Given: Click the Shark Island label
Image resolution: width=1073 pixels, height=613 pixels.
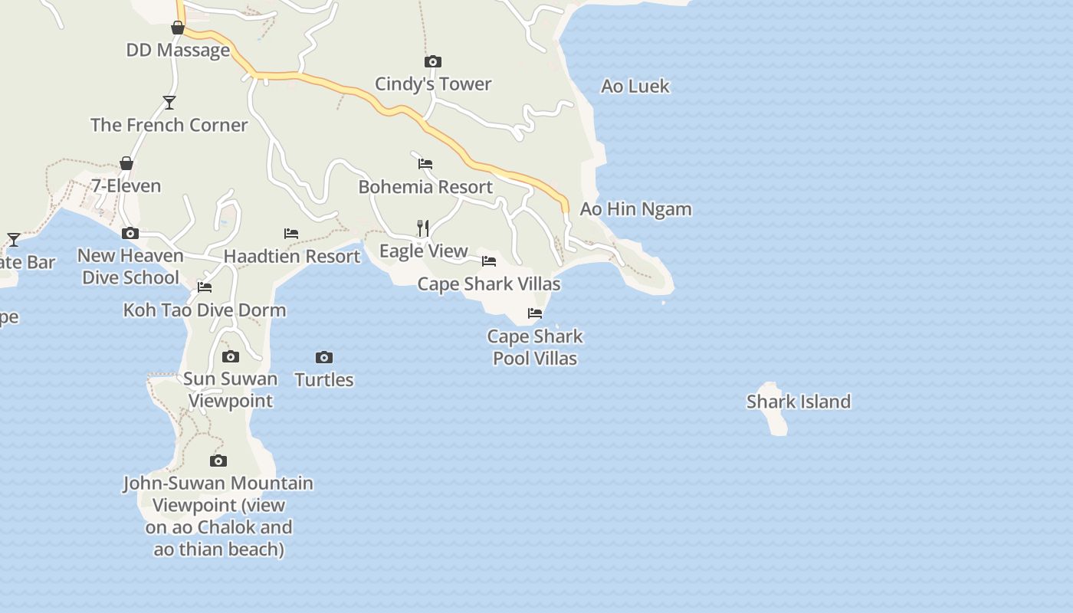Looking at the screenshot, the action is pos(798,402).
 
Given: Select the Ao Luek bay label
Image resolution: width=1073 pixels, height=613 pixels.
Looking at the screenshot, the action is pos(635,86).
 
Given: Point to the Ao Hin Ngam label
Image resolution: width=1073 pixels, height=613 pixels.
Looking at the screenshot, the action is pos(635,208).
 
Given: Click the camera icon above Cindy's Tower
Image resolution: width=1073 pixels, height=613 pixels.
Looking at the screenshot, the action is pos(433,61).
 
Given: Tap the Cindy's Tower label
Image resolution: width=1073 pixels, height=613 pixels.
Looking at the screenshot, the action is pos(433,84).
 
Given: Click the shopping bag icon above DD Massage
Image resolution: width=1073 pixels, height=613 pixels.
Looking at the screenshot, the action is pos(178,28).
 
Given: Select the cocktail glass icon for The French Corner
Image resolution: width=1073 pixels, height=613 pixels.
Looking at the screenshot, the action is pos(169,102).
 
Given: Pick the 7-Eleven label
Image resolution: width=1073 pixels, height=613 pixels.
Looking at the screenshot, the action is pos(126,185).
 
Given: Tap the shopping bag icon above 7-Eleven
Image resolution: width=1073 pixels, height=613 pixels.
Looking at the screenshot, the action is pos(126,163).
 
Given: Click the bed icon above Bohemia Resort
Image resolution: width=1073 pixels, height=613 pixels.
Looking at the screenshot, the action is pos(425,164).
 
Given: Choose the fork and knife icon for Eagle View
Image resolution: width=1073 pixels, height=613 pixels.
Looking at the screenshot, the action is pos(422,228).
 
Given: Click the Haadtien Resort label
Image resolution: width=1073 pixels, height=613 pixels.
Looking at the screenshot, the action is pos(292,256).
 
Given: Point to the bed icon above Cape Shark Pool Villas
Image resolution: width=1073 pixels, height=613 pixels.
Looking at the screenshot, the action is pos(535,313).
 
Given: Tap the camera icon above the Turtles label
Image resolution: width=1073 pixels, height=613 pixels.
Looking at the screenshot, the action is pos(324,357).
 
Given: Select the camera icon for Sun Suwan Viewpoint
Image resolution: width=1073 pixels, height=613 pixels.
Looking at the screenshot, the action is pos(231,356).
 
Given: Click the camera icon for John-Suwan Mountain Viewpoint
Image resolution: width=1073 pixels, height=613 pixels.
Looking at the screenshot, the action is pos(218,461).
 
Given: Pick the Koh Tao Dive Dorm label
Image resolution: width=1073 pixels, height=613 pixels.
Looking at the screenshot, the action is pos(205,310).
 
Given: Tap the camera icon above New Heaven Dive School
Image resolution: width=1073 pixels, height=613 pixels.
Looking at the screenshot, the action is pos(130,233).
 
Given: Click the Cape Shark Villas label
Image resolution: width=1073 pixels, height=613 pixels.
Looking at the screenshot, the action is pos(489,284).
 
